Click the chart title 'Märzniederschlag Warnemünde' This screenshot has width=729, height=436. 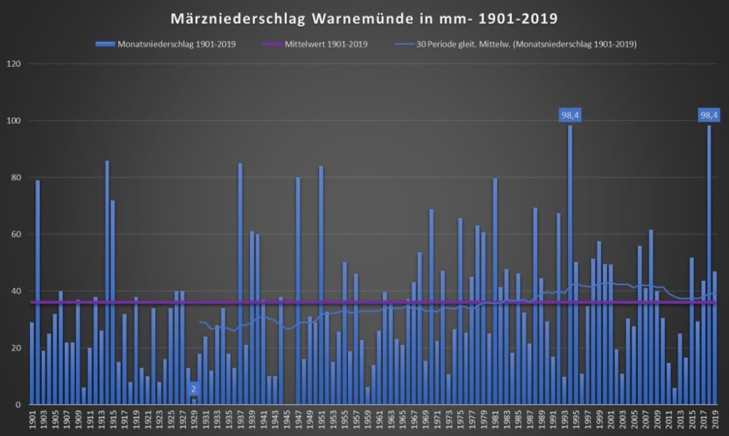364,16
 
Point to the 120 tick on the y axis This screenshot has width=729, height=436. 14,64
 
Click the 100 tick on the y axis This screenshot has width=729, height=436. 14,121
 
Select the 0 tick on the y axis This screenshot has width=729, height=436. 18,405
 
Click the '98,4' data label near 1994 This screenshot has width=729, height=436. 570,115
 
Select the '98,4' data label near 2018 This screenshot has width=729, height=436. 709,115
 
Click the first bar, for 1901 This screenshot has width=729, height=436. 32,363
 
